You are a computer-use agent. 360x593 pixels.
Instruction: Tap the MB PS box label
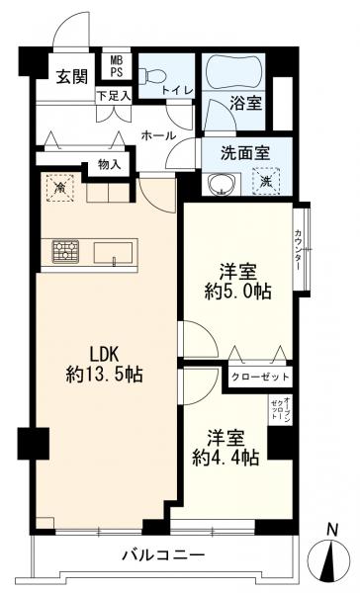tap(116, 67)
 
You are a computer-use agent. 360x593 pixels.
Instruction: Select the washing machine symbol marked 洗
tap(265, 181)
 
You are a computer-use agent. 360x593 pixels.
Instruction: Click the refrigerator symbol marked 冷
tap(60, 187)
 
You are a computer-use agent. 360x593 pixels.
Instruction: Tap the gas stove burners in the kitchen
tap(66, 251)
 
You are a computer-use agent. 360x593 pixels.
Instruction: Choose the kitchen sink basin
tap(117, 252)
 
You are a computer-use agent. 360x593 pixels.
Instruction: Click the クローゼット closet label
tap(260, 377)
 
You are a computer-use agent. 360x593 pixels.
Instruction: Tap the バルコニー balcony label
tap(163, 555)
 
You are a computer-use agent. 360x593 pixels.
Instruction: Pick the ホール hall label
tap(158, 135)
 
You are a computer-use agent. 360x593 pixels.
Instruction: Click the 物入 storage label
tap(110, 166)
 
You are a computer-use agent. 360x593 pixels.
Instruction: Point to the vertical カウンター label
tap(299, 249)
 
